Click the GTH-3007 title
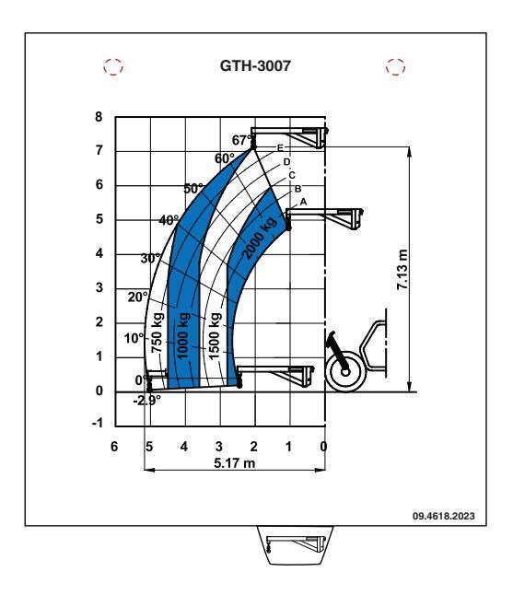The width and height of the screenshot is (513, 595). [x=255, y=65]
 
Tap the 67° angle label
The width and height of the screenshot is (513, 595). [x=241, y=140]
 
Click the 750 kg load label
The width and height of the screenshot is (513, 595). [x=157, y=332]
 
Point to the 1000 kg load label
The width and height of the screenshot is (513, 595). [x=183, y=335]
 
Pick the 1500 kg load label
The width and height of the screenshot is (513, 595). [x=215, y=335]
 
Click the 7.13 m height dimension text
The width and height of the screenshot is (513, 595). [x=402, y=270]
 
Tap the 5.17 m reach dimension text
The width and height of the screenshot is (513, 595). [x=235, y=463]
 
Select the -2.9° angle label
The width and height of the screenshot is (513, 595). [x=146, y=401]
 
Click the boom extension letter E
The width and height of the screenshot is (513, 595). [x=280, y=147]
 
